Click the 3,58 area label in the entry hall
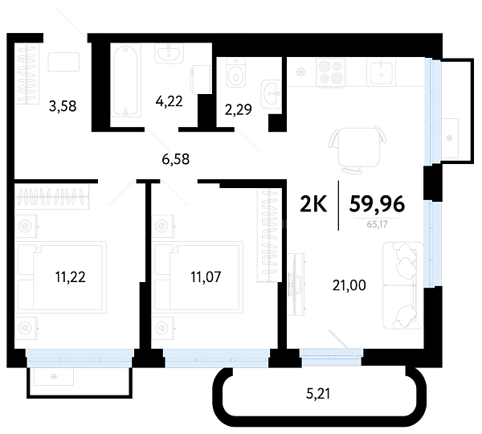63,106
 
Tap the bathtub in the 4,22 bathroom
126,81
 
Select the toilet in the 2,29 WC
236,73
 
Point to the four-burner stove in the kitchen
330,72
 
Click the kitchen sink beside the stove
381,73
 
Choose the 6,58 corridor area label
176,159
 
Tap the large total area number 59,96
377,204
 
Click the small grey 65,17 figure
378,224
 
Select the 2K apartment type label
313,204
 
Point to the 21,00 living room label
349,285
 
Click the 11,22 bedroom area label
71,276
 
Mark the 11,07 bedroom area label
206,276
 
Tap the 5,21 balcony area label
318,394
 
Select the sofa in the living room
402,285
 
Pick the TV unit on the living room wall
296,285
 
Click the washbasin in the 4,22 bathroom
169,53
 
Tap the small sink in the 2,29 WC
272,94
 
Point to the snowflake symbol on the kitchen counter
300,72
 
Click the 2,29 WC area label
239,109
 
